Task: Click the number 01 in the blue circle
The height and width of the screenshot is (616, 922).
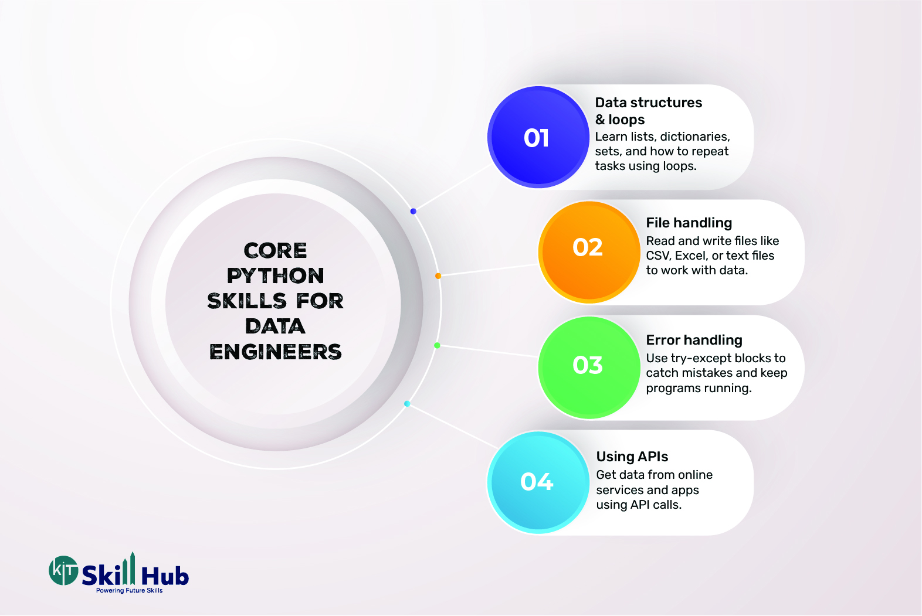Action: tap(536, 138)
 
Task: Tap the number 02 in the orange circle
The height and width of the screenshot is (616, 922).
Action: tap(587, 247)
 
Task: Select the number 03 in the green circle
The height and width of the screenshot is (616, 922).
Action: tap(587, 365)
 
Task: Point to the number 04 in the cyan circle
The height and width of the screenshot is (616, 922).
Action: tap(536, 482)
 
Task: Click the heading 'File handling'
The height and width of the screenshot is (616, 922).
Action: tap(689, 223)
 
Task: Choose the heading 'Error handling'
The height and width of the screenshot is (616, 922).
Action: tap(694, 340)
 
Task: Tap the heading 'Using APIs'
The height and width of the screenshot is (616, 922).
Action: tap(632, 457)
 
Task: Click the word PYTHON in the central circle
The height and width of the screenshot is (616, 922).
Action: tap(275, 276)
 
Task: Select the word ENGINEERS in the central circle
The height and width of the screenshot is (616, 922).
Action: tap(275, 352)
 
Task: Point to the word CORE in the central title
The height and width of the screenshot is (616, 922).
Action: tap(275, 250)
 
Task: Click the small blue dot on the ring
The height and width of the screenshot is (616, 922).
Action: tap(413, 212)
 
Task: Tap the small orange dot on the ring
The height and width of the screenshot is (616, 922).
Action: tap(438, 276)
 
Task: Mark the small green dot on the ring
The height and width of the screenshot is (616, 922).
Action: tap(437, 345)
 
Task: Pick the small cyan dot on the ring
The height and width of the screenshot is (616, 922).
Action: tap(407, 404)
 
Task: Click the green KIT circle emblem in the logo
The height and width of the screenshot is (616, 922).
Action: tap(63, 570)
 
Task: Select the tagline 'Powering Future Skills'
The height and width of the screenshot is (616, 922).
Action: tap(129, 591)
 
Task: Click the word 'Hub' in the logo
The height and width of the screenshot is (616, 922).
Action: tap(165, 576)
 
